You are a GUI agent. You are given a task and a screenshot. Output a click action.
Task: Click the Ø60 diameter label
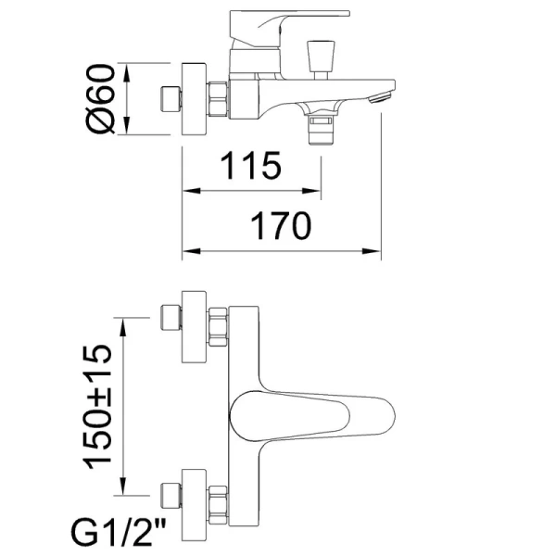coord(102,98)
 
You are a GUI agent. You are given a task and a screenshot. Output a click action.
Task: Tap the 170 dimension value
coord(279,226)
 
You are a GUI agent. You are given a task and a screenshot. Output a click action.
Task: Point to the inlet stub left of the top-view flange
coord(171,98)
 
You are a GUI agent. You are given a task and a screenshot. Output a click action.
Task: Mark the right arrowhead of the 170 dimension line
coord(377,250)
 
